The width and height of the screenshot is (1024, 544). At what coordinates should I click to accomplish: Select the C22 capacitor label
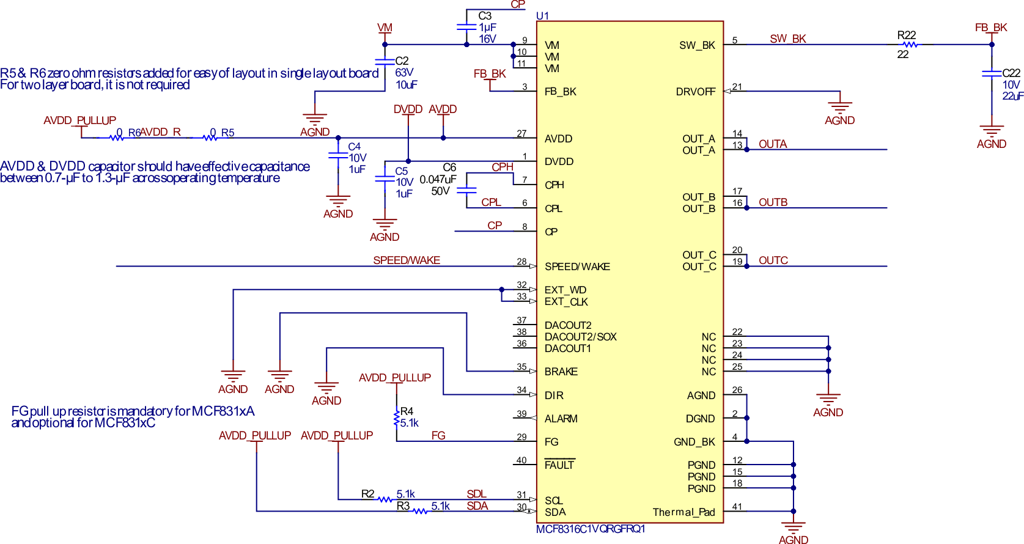pos(1011,73)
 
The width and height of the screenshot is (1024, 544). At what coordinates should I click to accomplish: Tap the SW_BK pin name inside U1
pos(697,45)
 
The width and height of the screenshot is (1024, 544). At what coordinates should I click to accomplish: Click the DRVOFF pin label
pos(695,92)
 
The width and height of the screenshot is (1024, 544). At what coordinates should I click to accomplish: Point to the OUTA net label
pos(773,144)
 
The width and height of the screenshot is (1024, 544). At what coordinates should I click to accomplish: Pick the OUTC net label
pos(773,260)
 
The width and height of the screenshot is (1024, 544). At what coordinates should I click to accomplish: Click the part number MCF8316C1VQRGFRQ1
pos(591,529)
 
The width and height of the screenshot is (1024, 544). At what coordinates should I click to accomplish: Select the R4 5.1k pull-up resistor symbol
pos(397,418)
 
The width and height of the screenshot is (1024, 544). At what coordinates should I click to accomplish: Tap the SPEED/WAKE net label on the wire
pos(407,260)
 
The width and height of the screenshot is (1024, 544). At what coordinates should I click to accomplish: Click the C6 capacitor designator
pos(449,167)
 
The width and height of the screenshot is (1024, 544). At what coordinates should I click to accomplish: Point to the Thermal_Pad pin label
pos(683,512)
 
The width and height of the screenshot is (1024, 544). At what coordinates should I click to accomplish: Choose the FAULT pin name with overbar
pos(559,465)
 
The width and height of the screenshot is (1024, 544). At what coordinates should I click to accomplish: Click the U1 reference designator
pos(542,16)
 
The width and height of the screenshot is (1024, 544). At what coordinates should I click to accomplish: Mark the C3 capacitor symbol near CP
pos(466,27)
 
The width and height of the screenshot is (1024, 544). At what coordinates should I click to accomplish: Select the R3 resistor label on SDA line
pos(403,505)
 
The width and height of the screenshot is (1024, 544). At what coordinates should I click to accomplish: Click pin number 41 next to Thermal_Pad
pos(737,507)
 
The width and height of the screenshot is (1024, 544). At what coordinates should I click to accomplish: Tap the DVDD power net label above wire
pos(408,109)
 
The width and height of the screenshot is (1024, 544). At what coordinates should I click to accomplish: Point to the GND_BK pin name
pos(694,442)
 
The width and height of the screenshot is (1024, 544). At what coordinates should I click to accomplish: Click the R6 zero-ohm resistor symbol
pos(116,138)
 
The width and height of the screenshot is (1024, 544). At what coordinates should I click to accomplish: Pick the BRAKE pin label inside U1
pos(561,372)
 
